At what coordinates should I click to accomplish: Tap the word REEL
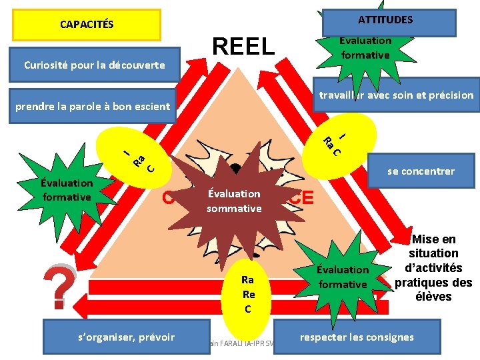(x=243, y=47)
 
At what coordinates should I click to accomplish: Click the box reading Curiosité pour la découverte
(x=95, y=65)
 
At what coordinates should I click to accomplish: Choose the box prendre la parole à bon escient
(x=93, y=106)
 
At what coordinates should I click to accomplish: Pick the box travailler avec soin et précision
(x=395, y=95)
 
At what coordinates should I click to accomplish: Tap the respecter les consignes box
(x=356, y=337)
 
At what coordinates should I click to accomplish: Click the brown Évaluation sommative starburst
(x=234, y=201)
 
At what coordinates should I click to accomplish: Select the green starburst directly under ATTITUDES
(x=365, y=49)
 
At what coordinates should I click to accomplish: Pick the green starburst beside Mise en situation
(x=342, y=277)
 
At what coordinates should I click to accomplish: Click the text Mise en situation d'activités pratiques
(x=433, y=268)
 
